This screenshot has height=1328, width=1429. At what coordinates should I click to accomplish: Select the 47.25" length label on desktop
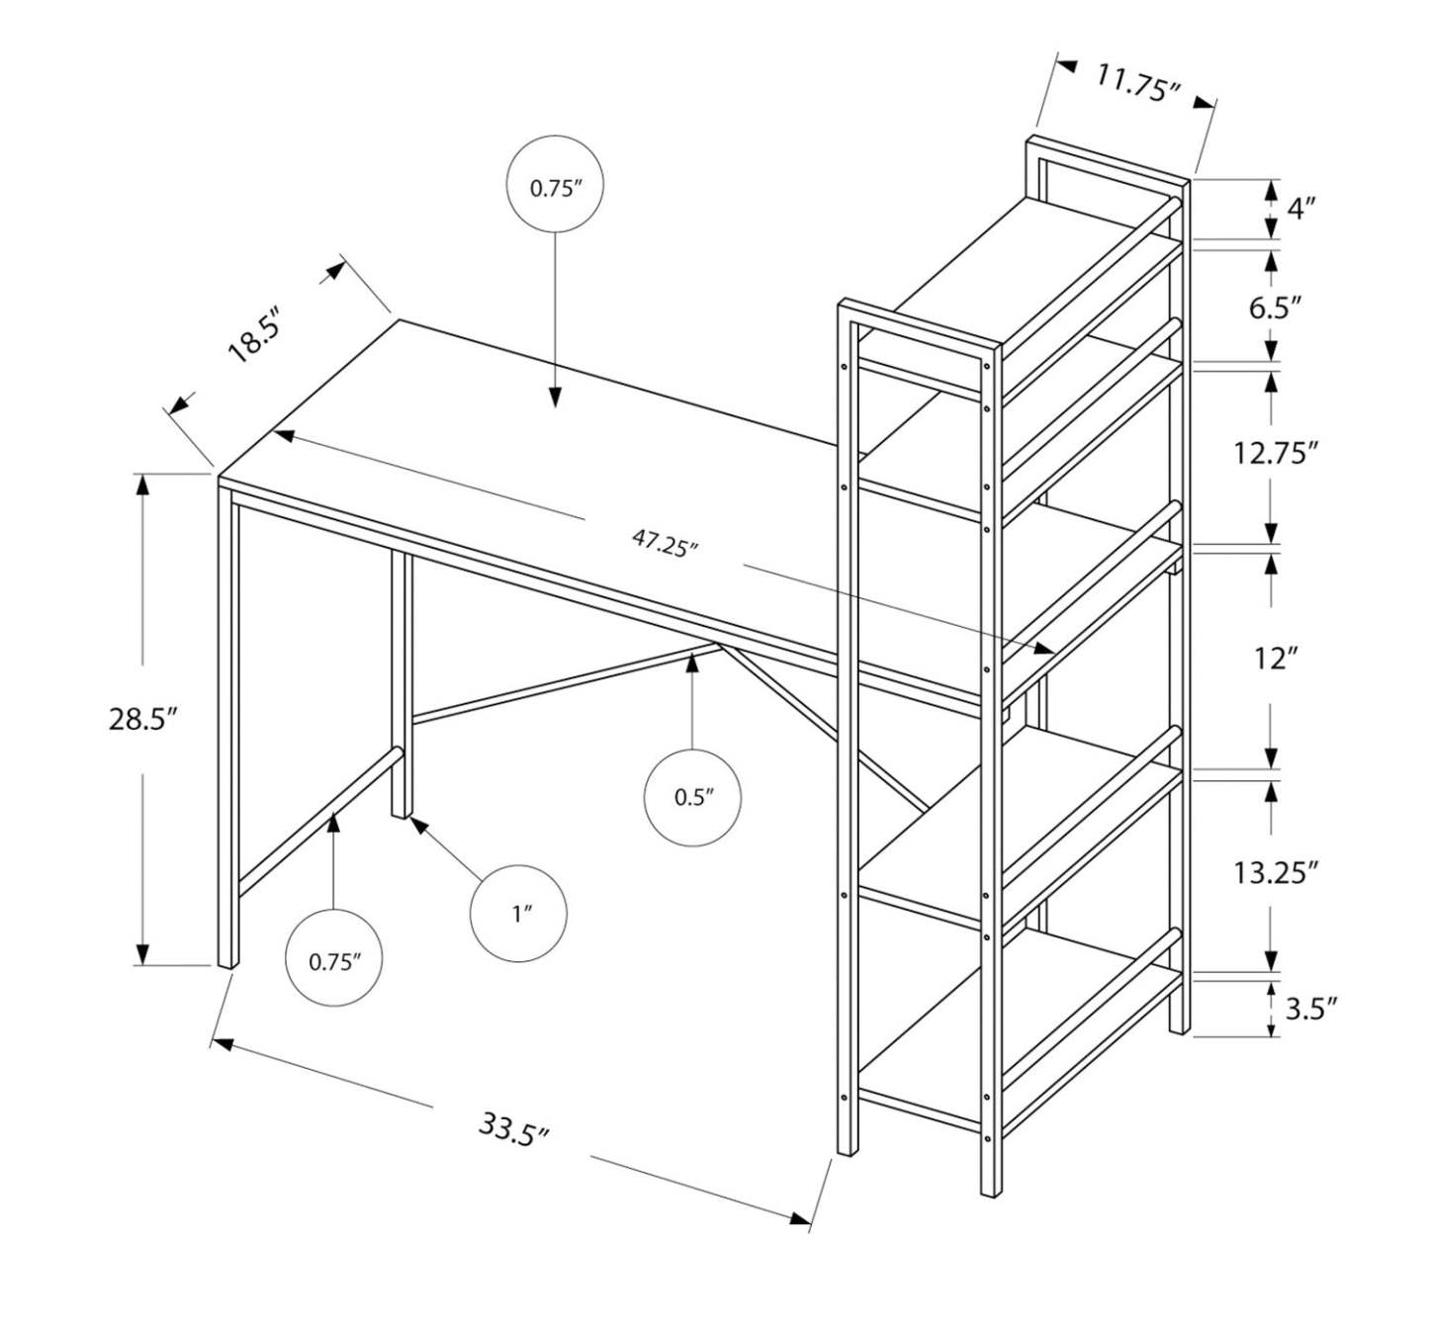665,543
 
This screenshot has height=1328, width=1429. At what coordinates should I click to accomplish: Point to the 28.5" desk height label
142,718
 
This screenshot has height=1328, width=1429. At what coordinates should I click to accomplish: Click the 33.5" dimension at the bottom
513,1129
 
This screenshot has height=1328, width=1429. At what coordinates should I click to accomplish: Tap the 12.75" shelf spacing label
1275,454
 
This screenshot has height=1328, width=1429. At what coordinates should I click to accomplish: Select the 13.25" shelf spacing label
1275,872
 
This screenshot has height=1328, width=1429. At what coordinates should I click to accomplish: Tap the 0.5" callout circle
692,797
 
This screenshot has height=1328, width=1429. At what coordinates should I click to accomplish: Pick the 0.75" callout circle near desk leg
334,959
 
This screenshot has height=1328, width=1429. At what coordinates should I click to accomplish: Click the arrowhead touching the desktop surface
555,398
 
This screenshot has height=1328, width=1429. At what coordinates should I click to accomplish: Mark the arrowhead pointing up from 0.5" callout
692,664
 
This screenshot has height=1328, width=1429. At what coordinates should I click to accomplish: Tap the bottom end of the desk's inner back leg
401,813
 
